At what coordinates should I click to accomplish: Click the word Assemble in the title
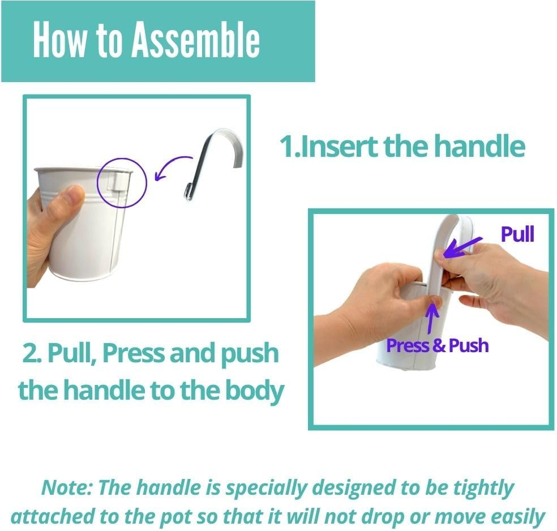pos(196,39)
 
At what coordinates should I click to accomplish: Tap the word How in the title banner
pos(59,39)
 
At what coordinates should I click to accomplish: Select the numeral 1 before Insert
pos(287,146)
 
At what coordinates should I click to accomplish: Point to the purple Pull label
pos(517,234)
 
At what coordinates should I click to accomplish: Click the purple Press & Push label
pos(438,345)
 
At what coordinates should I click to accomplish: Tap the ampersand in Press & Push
pos(439,345)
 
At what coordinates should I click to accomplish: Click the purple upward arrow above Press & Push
pos(431,318)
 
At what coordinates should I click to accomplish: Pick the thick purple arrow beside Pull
pos(461,247)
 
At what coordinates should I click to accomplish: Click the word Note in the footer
pos(66,487)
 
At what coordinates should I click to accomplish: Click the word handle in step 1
pos(479,146)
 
